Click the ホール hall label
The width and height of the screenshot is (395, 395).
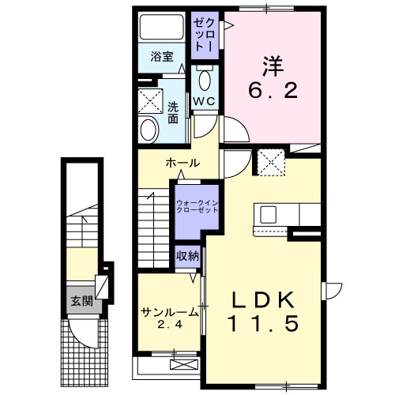click(x=182, y=163)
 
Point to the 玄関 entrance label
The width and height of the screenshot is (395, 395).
click(x=81, y=300)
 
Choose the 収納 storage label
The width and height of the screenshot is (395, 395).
click(x=187, y=255)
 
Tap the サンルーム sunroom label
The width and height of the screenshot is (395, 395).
click(x=169, y=310)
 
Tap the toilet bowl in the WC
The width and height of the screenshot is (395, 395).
click(x=205, y=80)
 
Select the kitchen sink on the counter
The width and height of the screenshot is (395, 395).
click(x=265, y=214)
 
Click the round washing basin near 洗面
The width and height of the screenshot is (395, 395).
click(x=149, y=129)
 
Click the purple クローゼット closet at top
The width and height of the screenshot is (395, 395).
click(x=205, y=32)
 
